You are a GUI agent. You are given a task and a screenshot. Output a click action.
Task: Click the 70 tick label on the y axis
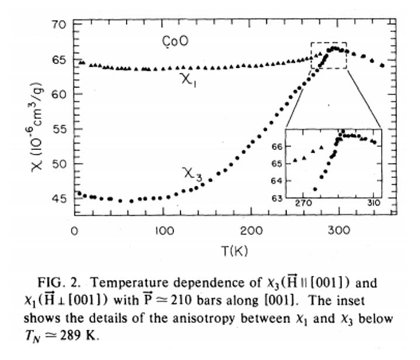coord(57,25)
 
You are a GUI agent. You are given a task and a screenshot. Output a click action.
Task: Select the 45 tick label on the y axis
coord(57,199)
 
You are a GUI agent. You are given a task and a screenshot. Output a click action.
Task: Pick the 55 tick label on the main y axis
coord(57,129)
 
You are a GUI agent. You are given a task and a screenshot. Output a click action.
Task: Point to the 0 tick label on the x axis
coord(74,230)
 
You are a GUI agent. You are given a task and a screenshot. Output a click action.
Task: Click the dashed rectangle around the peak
coord(329,43)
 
